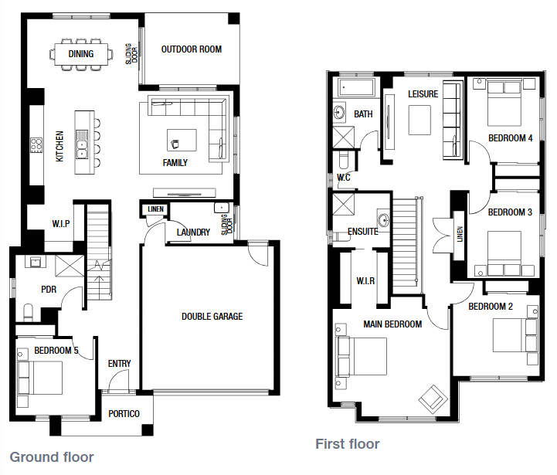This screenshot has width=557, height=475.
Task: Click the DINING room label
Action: [x=81, y=54]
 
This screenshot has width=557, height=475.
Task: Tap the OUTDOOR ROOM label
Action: [x=192, y=49]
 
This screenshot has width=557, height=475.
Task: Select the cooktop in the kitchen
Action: [x=36, y=145]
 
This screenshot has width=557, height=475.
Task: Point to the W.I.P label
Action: [x=61, y=224]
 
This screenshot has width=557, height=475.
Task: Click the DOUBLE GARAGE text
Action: [x=212, y=317]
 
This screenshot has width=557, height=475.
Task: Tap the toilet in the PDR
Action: [x=28, y=312]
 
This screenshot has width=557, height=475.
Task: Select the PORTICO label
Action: [x=124, y=414]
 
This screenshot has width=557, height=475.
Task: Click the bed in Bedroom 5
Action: [x=40, y=378]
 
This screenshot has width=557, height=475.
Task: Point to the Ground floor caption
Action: [x=52, y=457]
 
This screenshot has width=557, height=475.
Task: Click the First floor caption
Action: [x=348, y=444]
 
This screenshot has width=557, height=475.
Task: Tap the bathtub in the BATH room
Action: [x=357, y=87]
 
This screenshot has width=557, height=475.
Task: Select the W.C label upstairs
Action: [x=344, y=178]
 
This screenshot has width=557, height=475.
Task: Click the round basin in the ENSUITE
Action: [x=383, y=220]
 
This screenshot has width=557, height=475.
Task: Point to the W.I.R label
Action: [x=365, y=281]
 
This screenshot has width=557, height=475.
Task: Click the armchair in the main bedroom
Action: [x=433, y=399]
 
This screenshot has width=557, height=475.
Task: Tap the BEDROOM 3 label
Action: [x=510, y=212]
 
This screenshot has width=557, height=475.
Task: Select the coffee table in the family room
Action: [x=182, y=140]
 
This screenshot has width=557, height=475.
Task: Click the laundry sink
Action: [x=221, y=208]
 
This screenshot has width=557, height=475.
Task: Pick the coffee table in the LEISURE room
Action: [x=419, y=120]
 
